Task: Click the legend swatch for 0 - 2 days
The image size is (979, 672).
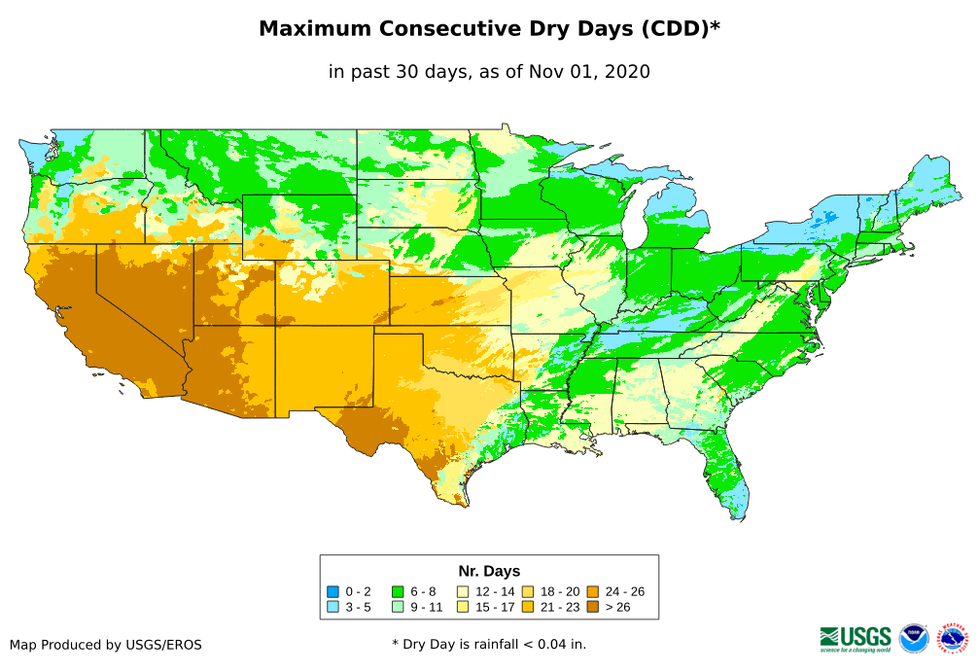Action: click(333, 591)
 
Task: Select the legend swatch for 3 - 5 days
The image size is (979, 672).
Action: click(333, 607)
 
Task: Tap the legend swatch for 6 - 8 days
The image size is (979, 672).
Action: click(398, 591)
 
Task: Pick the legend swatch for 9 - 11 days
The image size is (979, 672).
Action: click(398, 607)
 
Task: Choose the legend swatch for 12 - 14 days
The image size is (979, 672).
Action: click(463, 591)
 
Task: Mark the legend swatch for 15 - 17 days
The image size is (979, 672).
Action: click(463, 607)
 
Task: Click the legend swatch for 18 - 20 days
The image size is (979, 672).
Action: click(528, 591)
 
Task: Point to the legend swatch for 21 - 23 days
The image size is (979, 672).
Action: click(528, 607)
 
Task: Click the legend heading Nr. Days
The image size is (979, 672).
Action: click(489, 571)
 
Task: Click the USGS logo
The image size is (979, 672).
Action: click(856, 638)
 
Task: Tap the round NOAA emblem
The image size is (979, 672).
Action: click(914, 638)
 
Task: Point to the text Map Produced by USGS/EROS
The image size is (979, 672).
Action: click(106, 645)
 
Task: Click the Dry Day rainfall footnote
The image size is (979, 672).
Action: click(489, 644)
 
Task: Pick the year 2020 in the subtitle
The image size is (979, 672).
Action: click(626, 72)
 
